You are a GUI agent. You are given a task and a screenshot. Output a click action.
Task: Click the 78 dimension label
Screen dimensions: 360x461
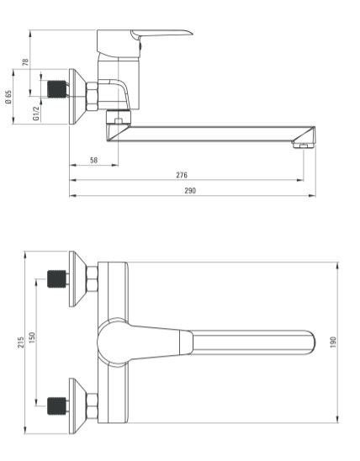click(25, 61)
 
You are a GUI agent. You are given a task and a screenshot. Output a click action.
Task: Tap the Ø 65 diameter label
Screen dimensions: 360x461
click(8, 97)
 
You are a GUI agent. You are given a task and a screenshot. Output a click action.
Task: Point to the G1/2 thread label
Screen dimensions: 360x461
click(36, 114)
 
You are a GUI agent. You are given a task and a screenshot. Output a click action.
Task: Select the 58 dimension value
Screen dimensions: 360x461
click(93, 160)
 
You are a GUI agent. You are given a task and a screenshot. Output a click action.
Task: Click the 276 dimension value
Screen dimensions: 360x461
click(182, 175)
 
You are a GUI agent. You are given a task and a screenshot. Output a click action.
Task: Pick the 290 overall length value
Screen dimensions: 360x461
click(190, 190)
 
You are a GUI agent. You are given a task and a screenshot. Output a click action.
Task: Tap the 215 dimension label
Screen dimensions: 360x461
click(21, 342)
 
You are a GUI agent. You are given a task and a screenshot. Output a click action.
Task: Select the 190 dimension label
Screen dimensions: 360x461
click(333, 342)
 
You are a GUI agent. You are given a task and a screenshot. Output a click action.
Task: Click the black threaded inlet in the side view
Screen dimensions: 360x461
click(57, 89)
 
